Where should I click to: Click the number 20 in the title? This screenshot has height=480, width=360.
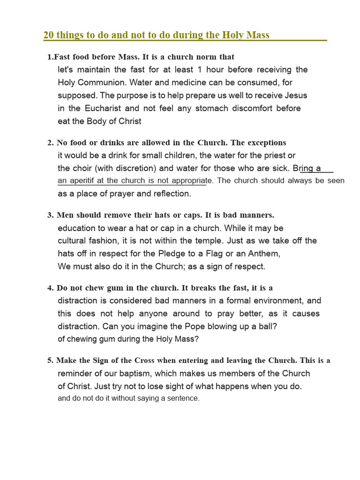click(x=48, y=35)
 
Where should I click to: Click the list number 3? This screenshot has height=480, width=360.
click(x=50, y=215)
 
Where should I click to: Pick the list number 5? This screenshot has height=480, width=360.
click(x=50, y=360)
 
